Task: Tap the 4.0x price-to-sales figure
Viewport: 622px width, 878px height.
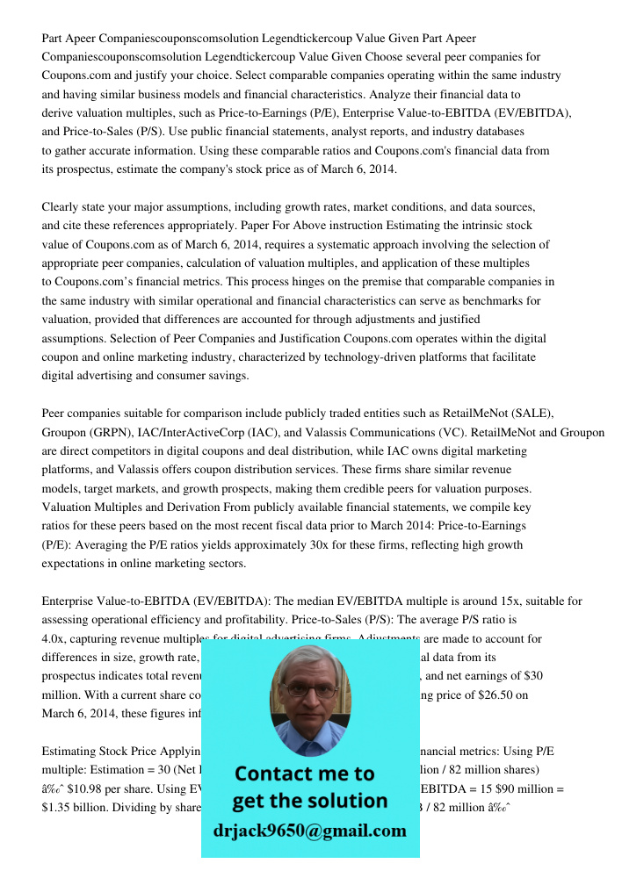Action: pyautogui.click(x=54, y=639)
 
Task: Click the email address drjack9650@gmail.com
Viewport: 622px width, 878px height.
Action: pyautogui.click(x=310, y=830)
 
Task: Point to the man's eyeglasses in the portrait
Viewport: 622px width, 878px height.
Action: pyautogui.click(x=309, y=690)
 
